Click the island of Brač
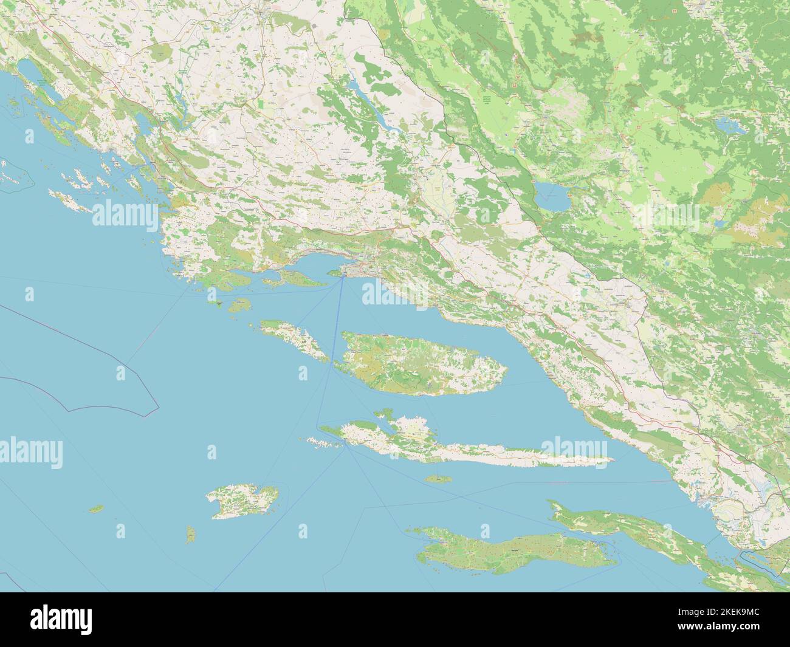pos(419,365)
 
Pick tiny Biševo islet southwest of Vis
pos(191,535)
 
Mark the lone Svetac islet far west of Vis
pos(95,508)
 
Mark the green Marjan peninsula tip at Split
pos(333,273)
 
